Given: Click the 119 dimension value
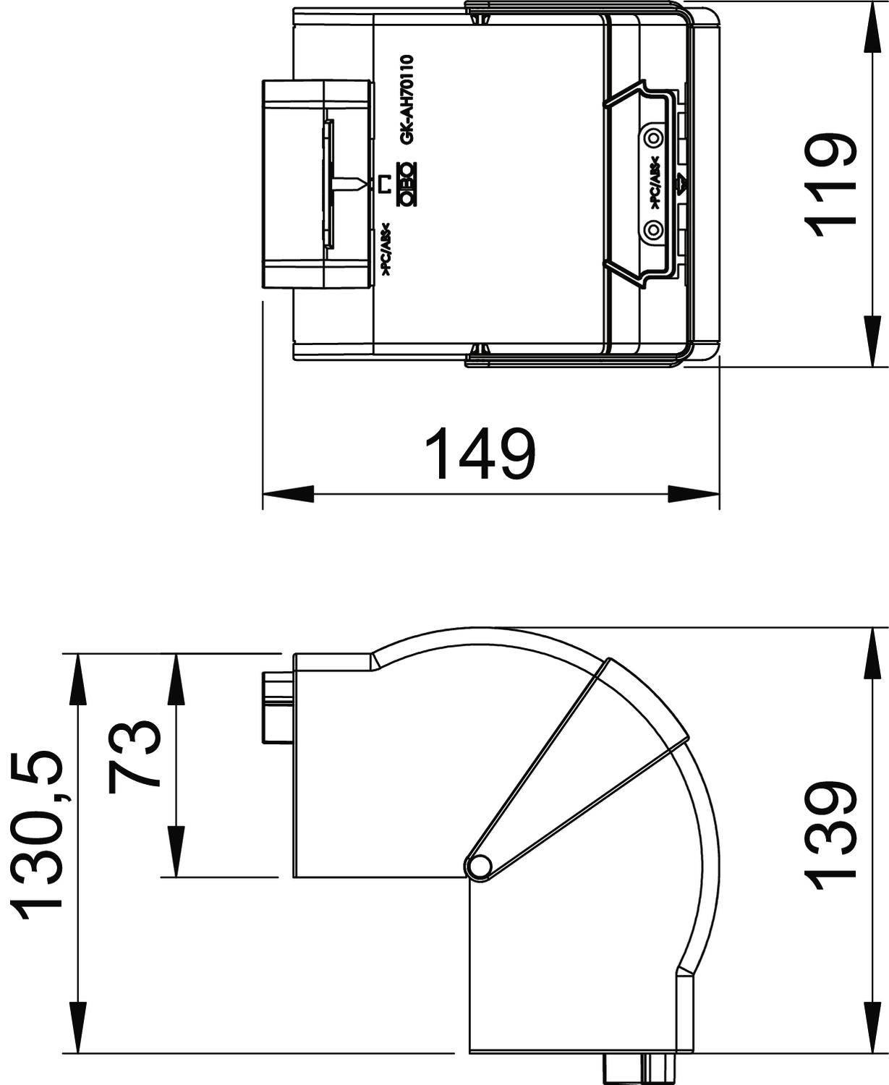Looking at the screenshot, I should pyautogui.click(x=832, y=185).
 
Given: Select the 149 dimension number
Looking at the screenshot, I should pyautogui.click(x=480, y=454).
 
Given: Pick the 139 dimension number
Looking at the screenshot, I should pyautogui.click(x=832, y=836).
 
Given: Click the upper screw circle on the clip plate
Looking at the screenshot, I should pyautogui.click(x=654, y=137).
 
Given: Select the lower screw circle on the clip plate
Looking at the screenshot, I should pyautogui.click(x=654, y=229).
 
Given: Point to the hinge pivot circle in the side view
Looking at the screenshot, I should pyautogui.click(x=478, y=866).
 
